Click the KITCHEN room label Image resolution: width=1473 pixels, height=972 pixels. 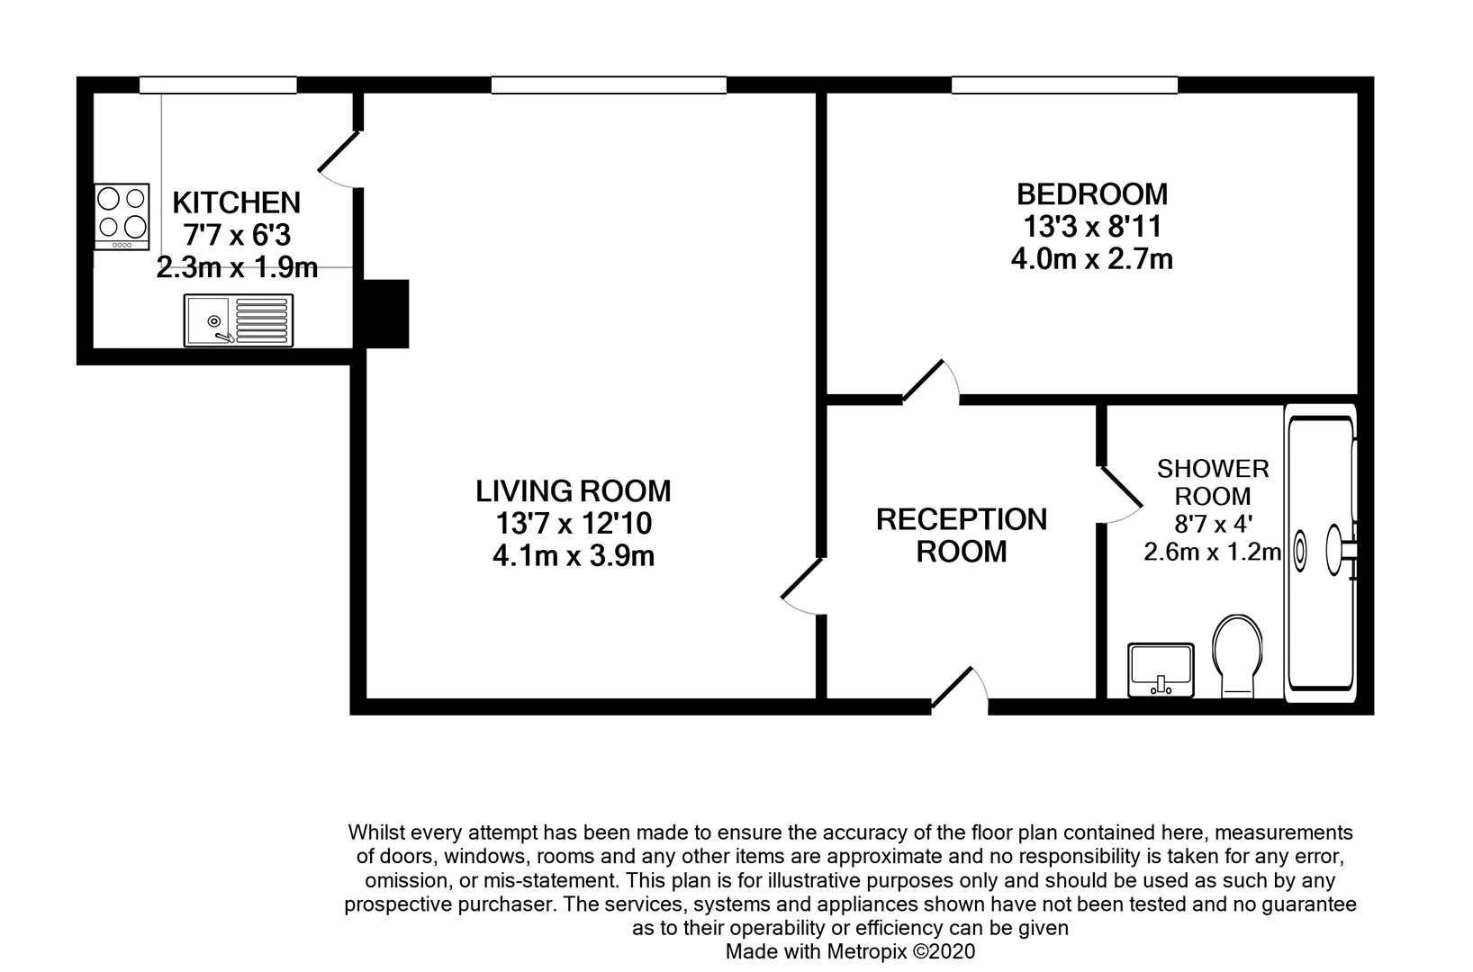tap(236, 202)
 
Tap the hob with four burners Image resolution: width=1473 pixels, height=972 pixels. tap(122, 216)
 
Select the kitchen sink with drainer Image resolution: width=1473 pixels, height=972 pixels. tap(239, 320)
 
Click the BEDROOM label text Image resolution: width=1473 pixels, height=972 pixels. tap(1091, 194)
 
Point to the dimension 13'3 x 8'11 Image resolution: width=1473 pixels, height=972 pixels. tap(1091, 227)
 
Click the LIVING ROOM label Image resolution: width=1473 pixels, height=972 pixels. tap(574, 491)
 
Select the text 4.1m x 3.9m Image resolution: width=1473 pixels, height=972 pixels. tap(574, 556)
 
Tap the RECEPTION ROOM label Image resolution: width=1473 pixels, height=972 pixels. tap(962, 535)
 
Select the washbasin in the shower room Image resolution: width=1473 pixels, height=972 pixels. tap(1161, 670)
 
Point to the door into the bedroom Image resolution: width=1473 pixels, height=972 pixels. tap(929, 382)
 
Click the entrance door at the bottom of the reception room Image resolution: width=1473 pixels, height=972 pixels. tap(960, 689)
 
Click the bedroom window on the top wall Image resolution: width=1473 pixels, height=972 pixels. tap(1064, 85)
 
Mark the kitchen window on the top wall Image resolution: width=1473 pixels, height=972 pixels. tap(218, 85)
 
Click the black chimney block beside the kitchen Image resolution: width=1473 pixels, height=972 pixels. tap(385, 313)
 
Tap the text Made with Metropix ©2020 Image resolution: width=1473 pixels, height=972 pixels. tap(850, 951)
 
